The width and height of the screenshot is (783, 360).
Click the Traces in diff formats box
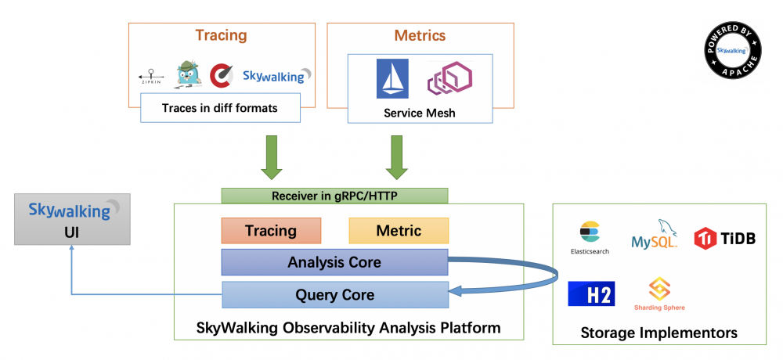[x=220, y=108]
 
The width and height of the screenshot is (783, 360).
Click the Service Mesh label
[x=420, y=113]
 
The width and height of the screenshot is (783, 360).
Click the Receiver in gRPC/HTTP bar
[x=334, y=196]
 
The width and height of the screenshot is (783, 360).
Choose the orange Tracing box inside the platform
[x=271, y=231]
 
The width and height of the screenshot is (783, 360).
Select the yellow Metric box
[x=399, y=231]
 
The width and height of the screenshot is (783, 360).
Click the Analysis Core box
[x=334, y=262]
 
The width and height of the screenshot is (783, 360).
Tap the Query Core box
[x=334, y=295]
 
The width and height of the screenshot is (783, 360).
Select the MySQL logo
[x=655, y=234]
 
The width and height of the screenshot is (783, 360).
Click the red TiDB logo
[x=724, y=238]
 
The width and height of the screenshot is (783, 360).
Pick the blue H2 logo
[x=591, y=293]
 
